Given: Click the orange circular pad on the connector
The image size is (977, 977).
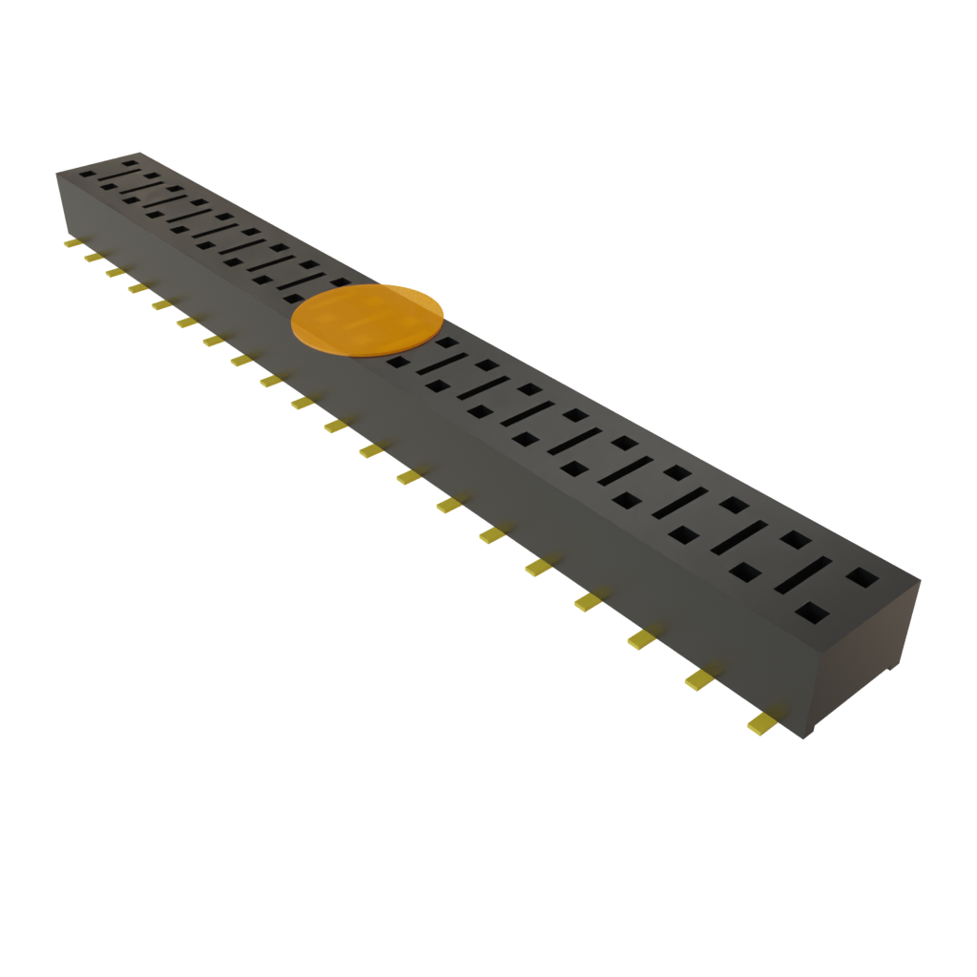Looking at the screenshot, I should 367,320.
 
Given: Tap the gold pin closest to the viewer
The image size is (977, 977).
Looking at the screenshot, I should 761,723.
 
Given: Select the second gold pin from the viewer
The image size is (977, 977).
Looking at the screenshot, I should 699,678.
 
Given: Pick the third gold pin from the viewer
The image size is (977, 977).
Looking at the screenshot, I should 641,638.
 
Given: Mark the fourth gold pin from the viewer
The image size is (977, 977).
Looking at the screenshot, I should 588,601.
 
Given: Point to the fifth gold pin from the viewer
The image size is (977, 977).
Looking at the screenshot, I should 538,568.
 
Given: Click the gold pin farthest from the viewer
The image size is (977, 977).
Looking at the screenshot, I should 72,243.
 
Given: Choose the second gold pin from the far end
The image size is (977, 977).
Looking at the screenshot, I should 93,258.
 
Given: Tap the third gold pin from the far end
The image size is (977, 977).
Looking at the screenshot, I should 114,273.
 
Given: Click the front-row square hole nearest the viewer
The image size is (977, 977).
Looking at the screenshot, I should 813,612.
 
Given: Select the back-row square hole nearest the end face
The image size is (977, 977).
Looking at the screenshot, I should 862,576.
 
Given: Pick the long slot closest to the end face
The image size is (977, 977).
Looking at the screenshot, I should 801,573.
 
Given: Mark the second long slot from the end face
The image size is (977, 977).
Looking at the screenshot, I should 743,538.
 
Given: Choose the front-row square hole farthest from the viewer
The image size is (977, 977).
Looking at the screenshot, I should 88,175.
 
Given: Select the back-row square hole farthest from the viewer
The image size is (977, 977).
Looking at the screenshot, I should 129,162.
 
